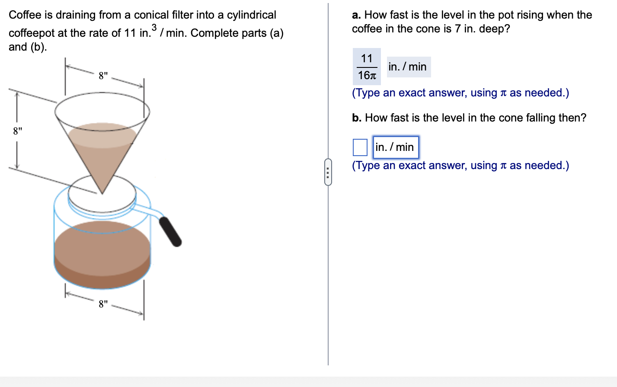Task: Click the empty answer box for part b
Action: pyautogui.click(x=360, y=147)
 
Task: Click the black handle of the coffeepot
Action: pyautogui.click(x=170, y=231)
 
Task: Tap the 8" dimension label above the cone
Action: pyautogui.click(x=103, y=76)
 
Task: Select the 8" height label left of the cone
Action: pyautogui.click(x=17, y=131)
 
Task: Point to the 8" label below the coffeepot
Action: pyautogui.click(x=103, y=304)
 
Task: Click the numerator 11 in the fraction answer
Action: pyautogui.click(x=367, y=58)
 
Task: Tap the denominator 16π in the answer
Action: pyautogui.click(x=367, y=75)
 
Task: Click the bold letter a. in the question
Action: pyautogui.click(x=356, y=15)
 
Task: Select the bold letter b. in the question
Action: pyautogui.click(x=356, y=118)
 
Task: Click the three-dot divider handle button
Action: pyautogui.click(x=328, y=172)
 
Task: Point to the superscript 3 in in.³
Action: pyautogui.click(x=154, y=27)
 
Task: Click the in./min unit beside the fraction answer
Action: pyautogui.click(x=407, y=67)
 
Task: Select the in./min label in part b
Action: pyautogui.click(x=395, y=147)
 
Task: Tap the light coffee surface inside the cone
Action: pyautogui.click(x=102, y=134)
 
